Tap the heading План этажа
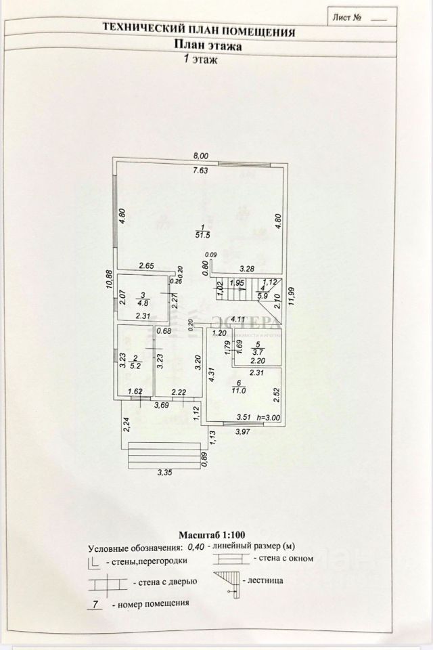click(x=208, y=45)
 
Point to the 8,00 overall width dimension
click(x=200, y=156)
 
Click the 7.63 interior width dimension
click(x=200, y=170)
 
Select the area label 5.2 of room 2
click(x=135, y=366)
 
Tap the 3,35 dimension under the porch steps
click(x=164, y=473)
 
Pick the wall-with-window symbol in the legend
click(x=229, y=559)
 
